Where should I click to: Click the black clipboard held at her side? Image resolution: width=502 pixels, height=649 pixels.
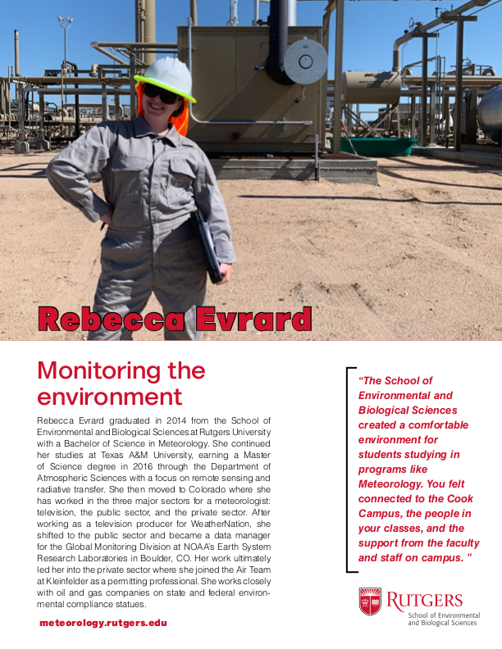point(206,247)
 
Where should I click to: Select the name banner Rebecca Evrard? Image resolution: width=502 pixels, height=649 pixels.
point(175,318)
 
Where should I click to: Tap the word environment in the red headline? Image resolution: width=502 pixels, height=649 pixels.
point(109,397)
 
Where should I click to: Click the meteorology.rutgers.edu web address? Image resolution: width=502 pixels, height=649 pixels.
point(103,623)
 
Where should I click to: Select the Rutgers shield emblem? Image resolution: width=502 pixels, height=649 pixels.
point(370,601)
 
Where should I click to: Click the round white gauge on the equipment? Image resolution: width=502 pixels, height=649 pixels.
point(305,61)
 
